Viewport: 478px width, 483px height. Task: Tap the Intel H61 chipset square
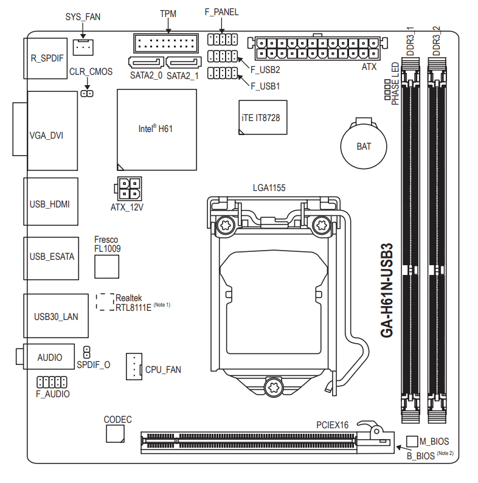[x=157, y=129]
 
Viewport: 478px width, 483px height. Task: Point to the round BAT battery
[x=364, y=145]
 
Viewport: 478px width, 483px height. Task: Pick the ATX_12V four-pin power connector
[x=127, y=189]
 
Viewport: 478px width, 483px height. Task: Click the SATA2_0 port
[x=147, y=63]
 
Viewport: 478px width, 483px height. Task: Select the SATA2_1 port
[x=183, y=63]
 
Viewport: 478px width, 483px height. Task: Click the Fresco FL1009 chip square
[x=106, y=266]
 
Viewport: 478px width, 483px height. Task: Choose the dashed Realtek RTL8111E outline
[x=105, y=302]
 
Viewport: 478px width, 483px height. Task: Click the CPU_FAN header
[x=134, y=366]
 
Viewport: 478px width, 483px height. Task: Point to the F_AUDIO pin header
[x=52, y=382]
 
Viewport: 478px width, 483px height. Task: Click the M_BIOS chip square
[x=412, y=440]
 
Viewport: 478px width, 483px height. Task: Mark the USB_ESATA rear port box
[x=51, y=257]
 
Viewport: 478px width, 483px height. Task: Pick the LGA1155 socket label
[x=269, y=188]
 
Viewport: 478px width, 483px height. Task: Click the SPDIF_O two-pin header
[x=87, y=352]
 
